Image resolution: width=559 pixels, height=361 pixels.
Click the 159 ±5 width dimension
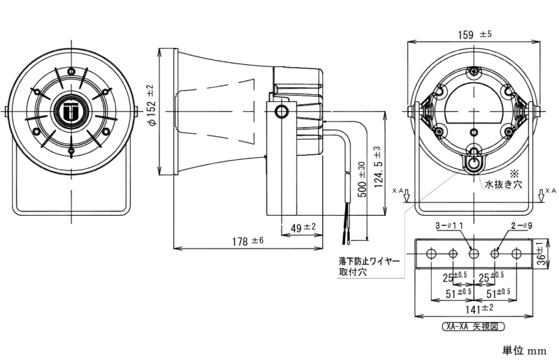tap(476, 34)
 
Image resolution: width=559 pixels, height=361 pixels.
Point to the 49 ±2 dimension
tap(302, 226)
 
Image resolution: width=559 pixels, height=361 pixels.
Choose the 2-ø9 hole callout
tap(522, 226)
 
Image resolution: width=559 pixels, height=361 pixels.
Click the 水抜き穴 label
tap(503, 184)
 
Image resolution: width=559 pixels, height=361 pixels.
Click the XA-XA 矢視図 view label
tap(474, 326)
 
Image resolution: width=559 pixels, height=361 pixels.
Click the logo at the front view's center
tap(71, 112)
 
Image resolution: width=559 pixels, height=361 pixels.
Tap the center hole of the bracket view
tap(474, 253)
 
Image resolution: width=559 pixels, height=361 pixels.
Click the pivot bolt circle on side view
tap(282, 112)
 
